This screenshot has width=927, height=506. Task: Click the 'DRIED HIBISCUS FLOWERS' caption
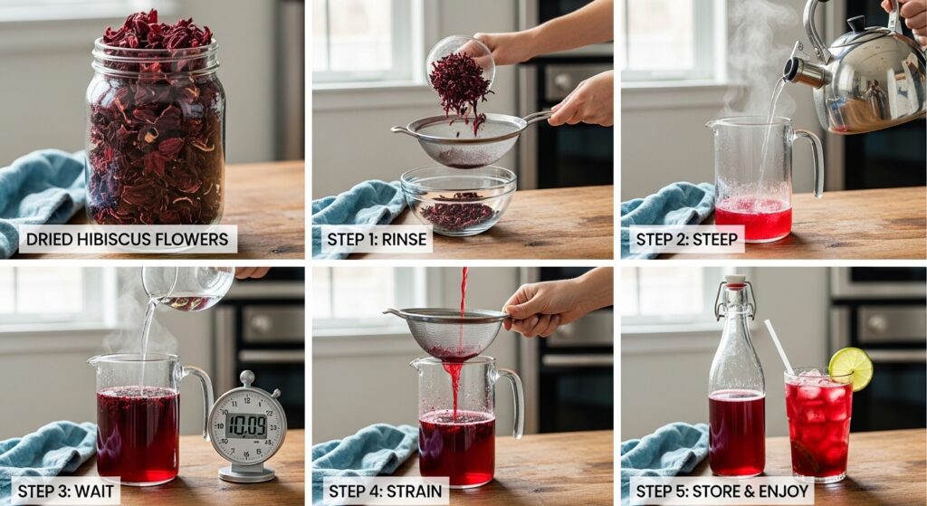pyautogui.click(x=127, y=239)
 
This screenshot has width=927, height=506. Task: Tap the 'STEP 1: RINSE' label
pyautogui.click(x=377, y=239)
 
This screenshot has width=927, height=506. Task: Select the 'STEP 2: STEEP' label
pyautogui.click(x=686, y=239)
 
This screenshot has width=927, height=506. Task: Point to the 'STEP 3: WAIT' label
pyautogui.click(x=65, y=492)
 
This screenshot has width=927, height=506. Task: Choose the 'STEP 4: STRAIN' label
pyautogui.click(x=385, y=492)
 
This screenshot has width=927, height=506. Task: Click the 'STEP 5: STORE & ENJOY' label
pyautogui.click(x=722, y=492)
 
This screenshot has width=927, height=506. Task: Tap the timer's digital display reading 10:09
pyautogui.click(x=246, y=425)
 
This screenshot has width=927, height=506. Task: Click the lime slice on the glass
pyautogui.click(x=851, y=368)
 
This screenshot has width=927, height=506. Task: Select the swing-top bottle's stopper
pyautogui.click(x=735, y=282)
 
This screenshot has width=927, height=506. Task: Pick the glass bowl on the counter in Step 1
pyautogui.click(x=458, y=200)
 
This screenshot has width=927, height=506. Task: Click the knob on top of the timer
pyautogui.click(x=247, y=378)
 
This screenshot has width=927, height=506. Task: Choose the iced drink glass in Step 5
pyautogui.click(x=817, y=424)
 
